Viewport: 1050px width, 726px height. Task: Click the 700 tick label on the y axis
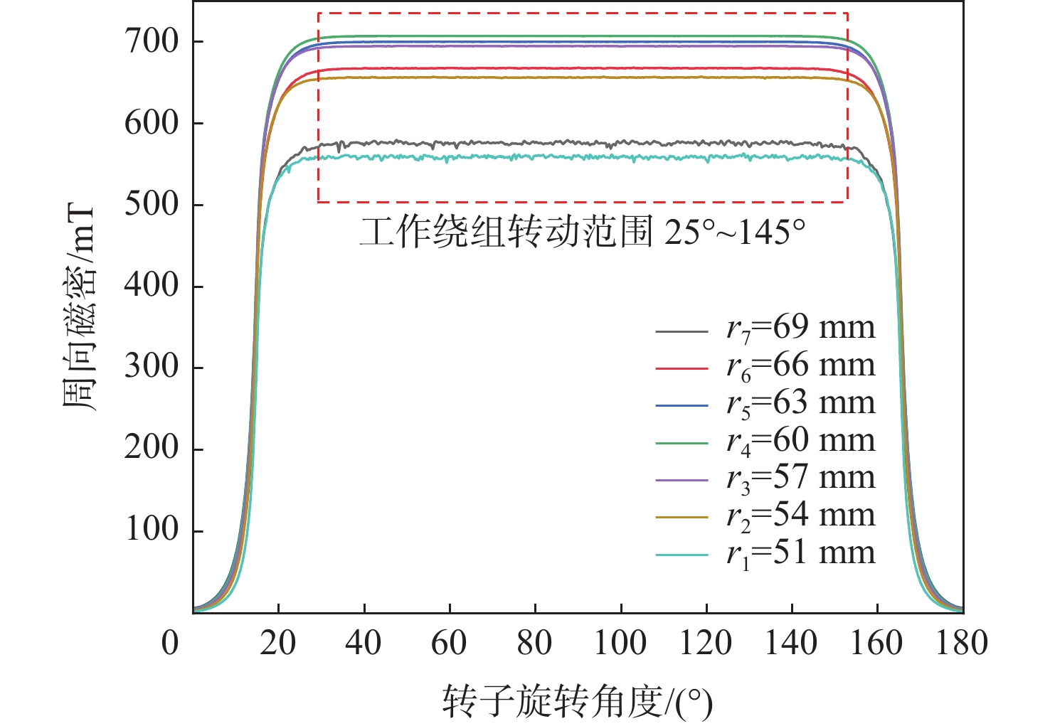click(152, 41)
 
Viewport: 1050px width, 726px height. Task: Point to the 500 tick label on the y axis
click(152, 204)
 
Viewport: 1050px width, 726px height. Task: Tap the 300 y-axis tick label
click(152, 367)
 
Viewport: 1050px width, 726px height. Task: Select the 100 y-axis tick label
click(152, 530)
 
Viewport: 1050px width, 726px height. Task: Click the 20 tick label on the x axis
click(278, 644)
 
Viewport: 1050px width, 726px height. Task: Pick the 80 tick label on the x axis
click(534, 644)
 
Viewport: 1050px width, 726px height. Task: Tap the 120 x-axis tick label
click(706, 644)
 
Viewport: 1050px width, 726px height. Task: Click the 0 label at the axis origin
click(170, 644)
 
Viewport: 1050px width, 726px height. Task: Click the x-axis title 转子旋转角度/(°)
click(578, 701)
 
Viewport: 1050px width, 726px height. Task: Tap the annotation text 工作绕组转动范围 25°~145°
click(582, 233)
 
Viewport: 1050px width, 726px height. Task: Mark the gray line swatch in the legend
click(682, 331)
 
